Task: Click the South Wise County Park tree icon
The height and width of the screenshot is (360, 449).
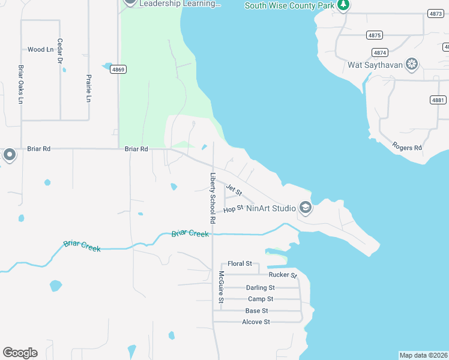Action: point(343,5)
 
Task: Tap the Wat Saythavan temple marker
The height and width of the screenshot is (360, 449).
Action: point(412,64)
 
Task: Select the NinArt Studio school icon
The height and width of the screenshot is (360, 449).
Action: point(306,208)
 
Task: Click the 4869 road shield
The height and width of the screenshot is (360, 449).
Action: point(118,70)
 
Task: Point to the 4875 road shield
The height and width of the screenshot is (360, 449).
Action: point(375,35)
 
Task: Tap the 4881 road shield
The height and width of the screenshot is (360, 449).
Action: point(439,100)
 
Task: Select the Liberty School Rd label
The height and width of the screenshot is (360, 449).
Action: point(212,199)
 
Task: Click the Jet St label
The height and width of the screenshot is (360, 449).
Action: point(234,190)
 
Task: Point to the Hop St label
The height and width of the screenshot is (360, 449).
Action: point(233,209)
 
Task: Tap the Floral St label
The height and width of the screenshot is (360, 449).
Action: point(240,263)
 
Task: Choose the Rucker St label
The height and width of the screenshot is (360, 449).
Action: point(283,275)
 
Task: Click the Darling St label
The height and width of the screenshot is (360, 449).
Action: point(260,287)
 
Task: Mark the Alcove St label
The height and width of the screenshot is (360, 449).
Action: point(256,322)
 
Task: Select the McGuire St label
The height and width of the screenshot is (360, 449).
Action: point(221,287)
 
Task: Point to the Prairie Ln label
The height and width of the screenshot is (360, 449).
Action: point(88,88)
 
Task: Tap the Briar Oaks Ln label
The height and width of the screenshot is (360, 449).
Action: point(21,85)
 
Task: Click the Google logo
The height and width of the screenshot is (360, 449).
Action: point(20,353)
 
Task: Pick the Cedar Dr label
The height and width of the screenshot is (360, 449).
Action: point(60,51)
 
